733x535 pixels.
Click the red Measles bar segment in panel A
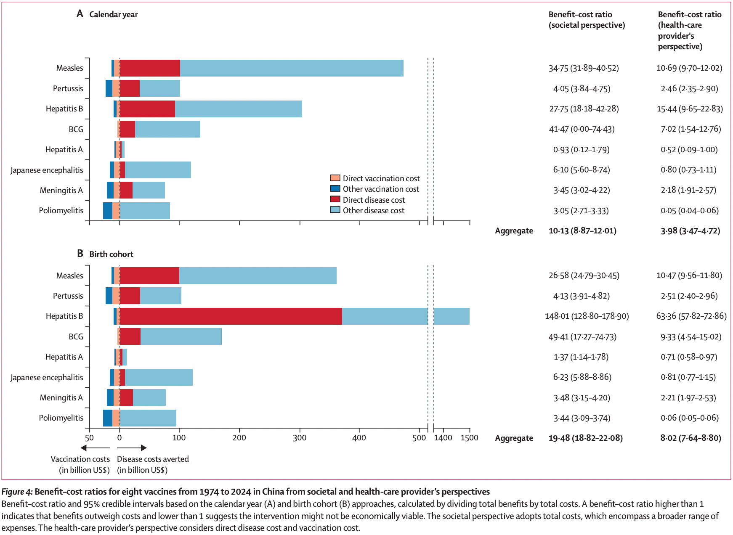[x=150, y=68]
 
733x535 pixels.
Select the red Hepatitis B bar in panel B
[x=231, y=316]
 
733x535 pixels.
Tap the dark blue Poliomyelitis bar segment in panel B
[x=108, y=418]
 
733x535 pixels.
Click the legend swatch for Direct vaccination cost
[x=335, y=178]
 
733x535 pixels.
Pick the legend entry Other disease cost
[x=373, y=210]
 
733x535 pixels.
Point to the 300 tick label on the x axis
[x=300, y=438]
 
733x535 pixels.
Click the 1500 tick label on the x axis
[x=469, y=438]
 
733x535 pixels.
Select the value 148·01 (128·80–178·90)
[x=587, y=316]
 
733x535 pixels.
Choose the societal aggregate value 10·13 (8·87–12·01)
[x=582, y=231]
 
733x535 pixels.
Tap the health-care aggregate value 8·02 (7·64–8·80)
[x=691, y=438]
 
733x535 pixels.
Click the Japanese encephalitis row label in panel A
[x=47, y=170]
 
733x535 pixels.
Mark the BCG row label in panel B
[x=76, y=336]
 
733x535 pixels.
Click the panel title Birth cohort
[x=111, y=254]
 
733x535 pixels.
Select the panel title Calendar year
[x=113, y=14]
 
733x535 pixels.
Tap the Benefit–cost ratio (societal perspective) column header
[x=587, y=20]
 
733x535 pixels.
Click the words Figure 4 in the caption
[x=16, y=492]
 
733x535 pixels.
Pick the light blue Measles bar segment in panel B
[x=258, y=275]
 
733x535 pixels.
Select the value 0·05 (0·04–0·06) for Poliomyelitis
[x=689, y=211]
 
